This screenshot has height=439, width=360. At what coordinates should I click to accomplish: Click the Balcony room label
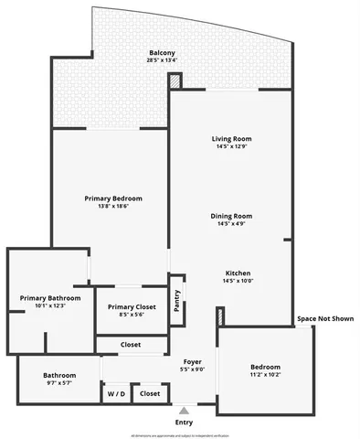[162, 53]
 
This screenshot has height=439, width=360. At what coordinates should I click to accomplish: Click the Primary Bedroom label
[113, 198]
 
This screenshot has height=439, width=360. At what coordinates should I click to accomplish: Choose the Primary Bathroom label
[50, 298]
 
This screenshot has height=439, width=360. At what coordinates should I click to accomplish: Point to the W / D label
[116, 394]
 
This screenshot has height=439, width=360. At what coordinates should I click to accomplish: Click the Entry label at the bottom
[184, 422]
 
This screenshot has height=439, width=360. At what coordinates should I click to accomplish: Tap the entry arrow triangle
[184, 410]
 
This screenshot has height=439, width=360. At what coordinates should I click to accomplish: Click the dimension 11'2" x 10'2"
[265, 374]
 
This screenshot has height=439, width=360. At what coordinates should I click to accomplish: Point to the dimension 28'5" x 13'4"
[162, 61]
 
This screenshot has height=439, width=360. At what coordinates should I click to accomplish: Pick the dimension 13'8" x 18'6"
[113, 207]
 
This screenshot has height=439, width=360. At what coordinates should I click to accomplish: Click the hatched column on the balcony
[175, 82]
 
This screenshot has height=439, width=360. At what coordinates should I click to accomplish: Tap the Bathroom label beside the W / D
[59, 376]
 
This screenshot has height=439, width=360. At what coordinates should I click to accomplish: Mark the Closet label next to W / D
[150, 394]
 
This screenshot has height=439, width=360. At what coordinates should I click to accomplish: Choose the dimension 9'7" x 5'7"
[59, 384]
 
